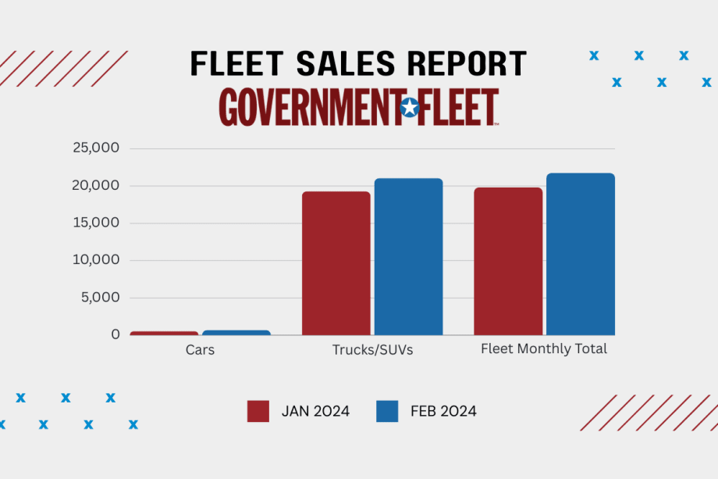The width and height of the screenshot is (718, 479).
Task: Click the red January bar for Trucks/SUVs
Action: coord(336,263)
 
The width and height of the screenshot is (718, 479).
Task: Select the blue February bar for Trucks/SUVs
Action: coord(408,257)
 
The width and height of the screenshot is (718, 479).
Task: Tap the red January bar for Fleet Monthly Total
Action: coord(508,261)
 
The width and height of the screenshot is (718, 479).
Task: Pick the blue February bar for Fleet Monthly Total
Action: coord(580,254)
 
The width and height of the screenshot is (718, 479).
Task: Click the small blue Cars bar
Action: coord(236,332)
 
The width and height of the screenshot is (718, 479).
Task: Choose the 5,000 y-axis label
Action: coord(100,297)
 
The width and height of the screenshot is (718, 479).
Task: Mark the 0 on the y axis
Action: coord(115,334)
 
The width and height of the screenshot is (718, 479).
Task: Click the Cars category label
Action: coord(200,350)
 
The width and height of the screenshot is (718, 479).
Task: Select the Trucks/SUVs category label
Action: coord(372,350)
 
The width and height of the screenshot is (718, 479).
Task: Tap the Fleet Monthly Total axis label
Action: coord(544,349)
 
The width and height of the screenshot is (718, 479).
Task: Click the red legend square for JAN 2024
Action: coord(258,411)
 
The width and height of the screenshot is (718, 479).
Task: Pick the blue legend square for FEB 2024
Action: coord(387,411)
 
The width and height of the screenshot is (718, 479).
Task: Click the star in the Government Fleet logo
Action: coord(409,107)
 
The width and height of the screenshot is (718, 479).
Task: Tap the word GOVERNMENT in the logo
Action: coord(307,107)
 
